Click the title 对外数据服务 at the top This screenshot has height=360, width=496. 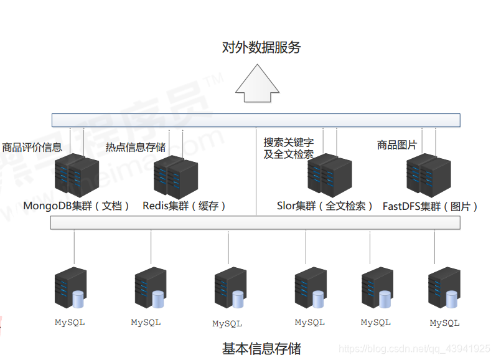tap(261, 47)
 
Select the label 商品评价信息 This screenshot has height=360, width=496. tap(32, 148)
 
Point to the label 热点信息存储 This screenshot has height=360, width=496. tap(135, 148)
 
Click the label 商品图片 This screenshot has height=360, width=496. tap(396, 145)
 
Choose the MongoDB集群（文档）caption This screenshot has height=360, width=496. tap(76, 206)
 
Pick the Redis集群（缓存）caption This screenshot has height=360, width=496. tap(184, 206)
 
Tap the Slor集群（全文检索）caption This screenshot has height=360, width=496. tap(325, 206)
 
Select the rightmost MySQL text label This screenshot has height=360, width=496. tap(444, 323)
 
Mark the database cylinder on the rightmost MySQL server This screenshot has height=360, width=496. tap(452, 300)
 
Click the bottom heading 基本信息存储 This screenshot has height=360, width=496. tap(261, 348)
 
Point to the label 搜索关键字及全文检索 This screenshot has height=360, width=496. tap(288, 149)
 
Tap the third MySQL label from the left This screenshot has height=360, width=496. tap(227, 324)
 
